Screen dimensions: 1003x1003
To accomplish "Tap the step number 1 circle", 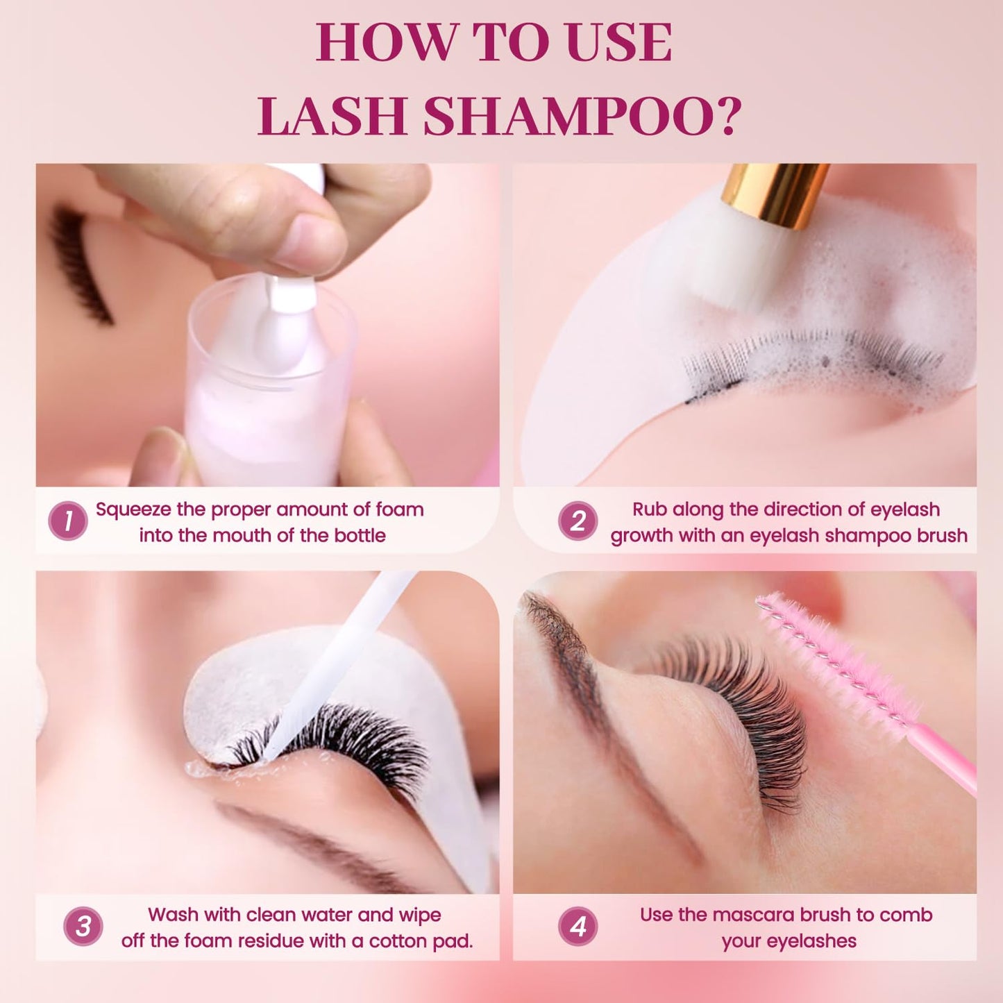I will [68, 521].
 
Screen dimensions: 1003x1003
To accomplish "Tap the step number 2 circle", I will [578, 521].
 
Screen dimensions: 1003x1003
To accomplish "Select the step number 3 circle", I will [83, 927].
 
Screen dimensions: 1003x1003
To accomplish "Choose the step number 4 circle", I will [578, 927].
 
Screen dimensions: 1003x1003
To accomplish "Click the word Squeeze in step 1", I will [133, 509].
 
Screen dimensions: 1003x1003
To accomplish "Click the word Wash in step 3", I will [173, 915].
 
